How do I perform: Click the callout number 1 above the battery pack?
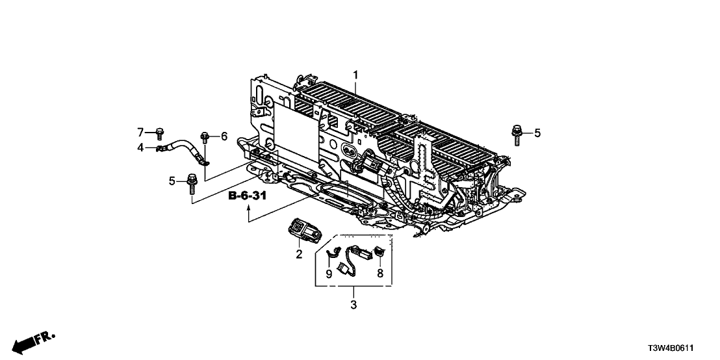[x=355, y=75]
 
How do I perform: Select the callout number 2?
[x=300, y=255]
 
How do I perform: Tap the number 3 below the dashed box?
[x=354, y=304]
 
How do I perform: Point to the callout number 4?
[x=140, y=148]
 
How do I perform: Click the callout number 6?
[x=224, y=136]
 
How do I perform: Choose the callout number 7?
[x=140, y=132]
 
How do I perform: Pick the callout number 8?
[x=380, y=273]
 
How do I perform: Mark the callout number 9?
[x=329, y=274]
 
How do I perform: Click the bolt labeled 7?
[x=159, y=133]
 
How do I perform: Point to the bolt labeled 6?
[x=206, y=137]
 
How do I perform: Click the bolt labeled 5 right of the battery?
[x=517, y=135]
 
